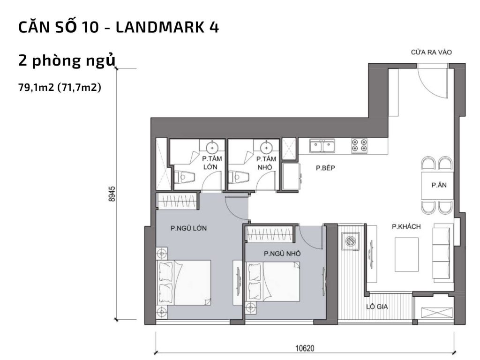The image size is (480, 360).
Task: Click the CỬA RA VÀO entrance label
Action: [x=431, y=52]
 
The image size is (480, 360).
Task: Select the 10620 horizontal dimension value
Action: [x=305, y=348]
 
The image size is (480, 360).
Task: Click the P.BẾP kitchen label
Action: [x=324, y=168]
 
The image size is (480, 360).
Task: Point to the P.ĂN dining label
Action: [x=439, y=185]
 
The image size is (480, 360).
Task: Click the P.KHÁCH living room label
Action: [x=406, y=227]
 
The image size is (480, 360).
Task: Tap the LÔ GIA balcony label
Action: [x=379, y=307]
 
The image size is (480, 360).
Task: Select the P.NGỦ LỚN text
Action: [x=189, y=229]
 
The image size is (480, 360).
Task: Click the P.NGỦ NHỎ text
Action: [x=282, y=254]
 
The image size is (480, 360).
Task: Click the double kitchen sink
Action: [x=322, y=147]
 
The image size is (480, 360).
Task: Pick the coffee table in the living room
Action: [x=406, y=253]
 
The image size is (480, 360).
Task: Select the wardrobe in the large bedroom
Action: [x=177, y=201]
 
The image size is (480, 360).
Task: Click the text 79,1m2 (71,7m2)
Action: [x=59, y=87]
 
